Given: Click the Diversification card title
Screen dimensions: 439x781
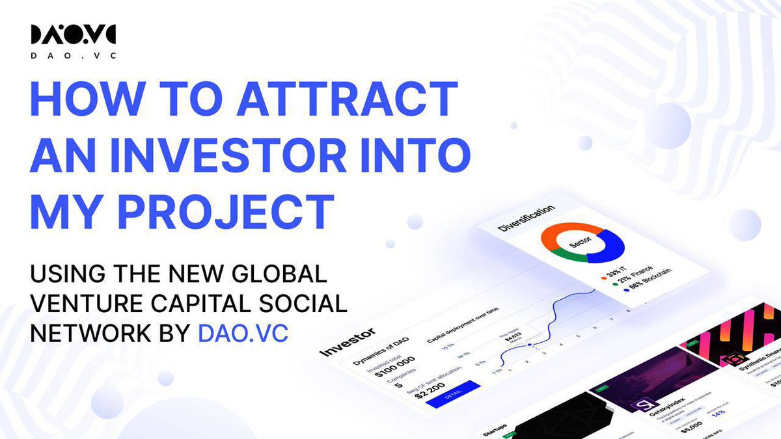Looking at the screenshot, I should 526,219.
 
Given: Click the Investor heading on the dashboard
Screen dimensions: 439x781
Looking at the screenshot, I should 345,344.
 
